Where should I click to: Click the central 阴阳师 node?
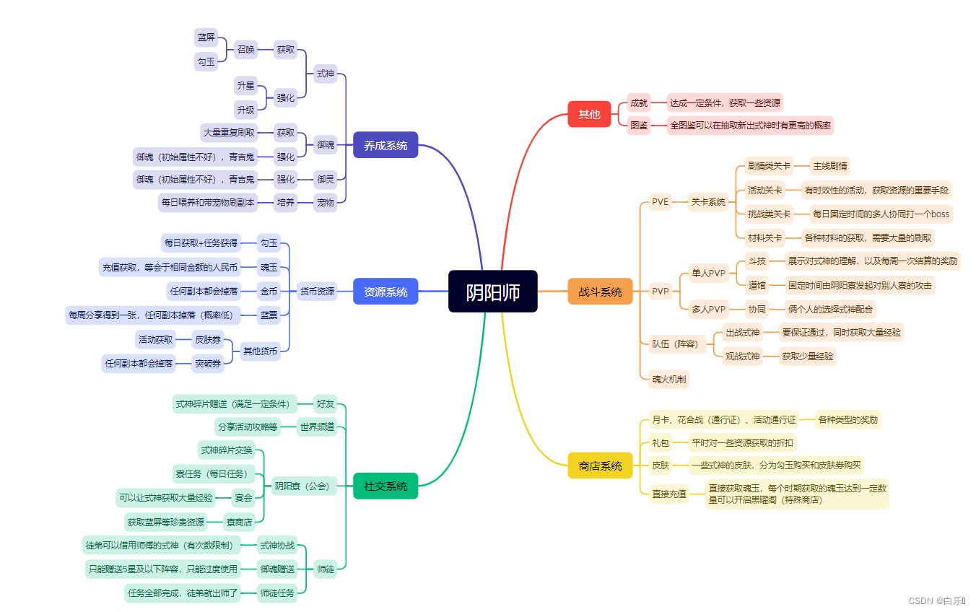tap(492, 292)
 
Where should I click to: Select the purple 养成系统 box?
tap(385, 145)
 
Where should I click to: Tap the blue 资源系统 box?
tap(385, 292)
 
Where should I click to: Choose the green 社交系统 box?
tap(385, 486)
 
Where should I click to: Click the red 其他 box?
tap(589, 114)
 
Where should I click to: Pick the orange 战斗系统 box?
tap(600, 292)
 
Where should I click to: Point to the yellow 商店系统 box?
tap(600, 465)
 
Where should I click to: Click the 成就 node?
tap(639, 102)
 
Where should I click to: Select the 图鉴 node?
tap(639, 126)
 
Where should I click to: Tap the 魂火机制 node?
tap(669, 378)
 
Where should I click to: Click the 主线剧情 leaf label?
tap(830, 165)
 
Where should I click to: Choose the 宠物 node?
tap(326, 203)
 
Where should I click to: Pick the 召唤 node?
tap(246, 50)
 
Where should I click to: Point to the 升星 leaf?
tap(246, 86)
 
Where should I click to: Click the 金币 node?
tap(269, 291)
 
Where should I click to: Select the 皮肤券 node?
tap(208, 339)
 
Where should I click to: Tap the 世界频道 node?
tap(317, 427)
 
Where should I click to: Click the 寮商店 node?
tap(239, 522)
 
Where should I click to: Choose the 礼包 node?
tap(661, 442)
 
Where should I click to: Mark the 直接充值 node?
tap(669, 494)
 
